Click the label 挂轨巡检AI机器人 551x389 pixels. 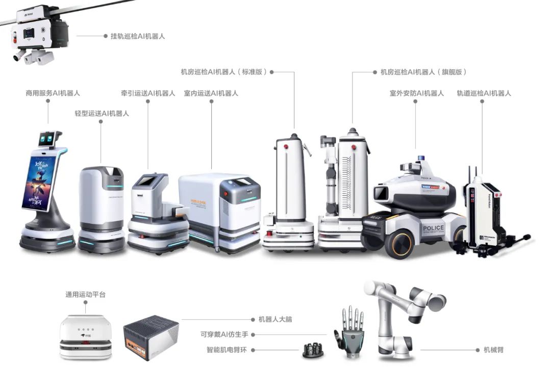tap(138, 36)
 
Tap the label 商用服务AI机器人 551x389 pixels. tap(53, 93)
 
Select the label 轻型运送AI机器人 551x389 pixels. tap(102, 113)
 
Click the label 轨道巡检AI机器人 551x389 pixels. tap(484, 93)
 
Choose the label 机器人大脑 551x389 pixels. tap(275, 320)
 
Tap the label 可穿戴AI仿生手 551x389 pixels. tap(224, 334)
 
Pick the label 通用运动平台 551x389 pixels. tap(85, 294)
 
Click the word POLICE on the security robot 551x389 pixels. tap(433, 227)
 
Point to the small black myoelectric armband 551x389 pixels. tap(313, 350)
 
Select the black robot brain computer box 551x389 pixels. tap(151, 338)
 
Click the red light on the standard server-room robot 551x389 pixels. tap(286, 147)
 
